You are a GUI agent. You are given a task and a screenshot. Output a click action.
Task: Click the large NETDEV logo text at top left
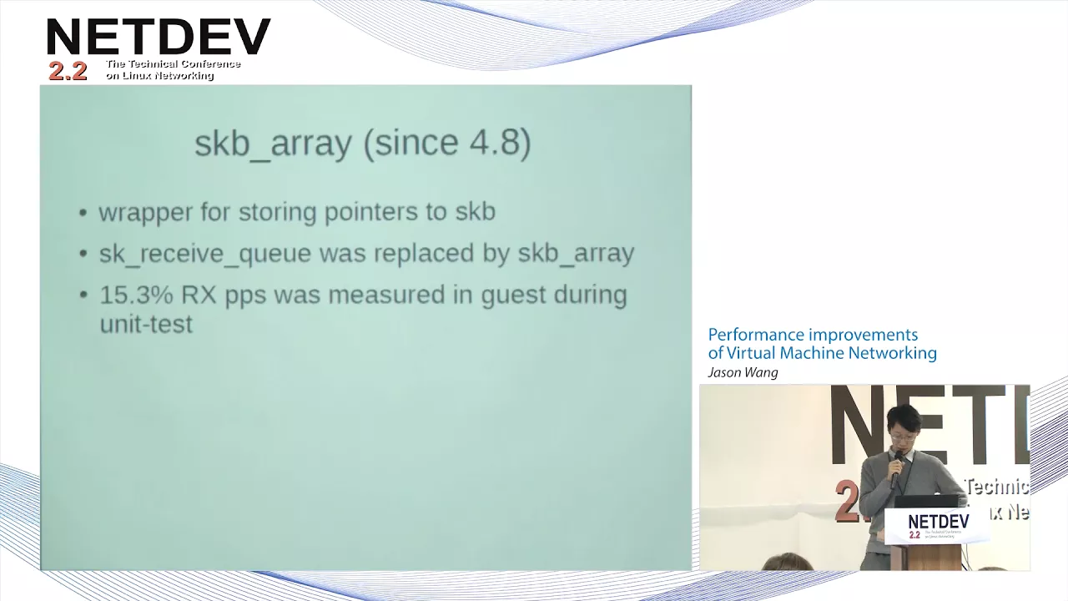(159, 37)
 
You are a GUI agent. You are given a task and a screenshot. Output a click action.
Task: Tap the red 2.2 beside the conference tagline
(68, 72)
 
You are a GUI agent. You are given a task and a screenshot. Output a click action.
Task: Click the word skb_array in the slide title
(273, 144)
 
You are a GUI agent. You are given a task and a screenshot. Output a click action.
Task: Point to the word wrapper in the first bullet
(145, 213)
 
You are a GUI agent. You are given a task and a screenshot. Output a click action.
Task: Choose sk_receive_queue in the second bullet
(205, 254)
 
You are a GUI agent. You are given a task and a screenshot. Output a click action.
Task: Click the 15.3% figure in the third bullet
(136, 295)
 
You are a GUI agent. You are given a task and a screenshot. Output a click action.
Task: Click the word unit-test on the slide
(146, 325)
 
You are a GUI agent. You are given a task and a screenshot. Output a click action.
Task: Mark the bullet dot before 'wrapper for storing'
(83, 213)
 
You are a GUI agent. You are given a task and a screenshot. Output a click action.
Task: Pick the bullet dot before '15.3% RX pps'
(83, 295)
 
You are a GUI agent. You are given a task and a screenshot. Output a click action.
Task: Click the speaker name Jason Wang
(743, 372)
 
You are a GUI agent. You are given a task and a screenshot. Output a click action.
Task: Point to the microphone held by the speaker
(896, 469)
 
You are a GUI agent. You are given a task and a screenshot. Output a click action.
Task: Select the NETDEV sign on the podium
(937, 526)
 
